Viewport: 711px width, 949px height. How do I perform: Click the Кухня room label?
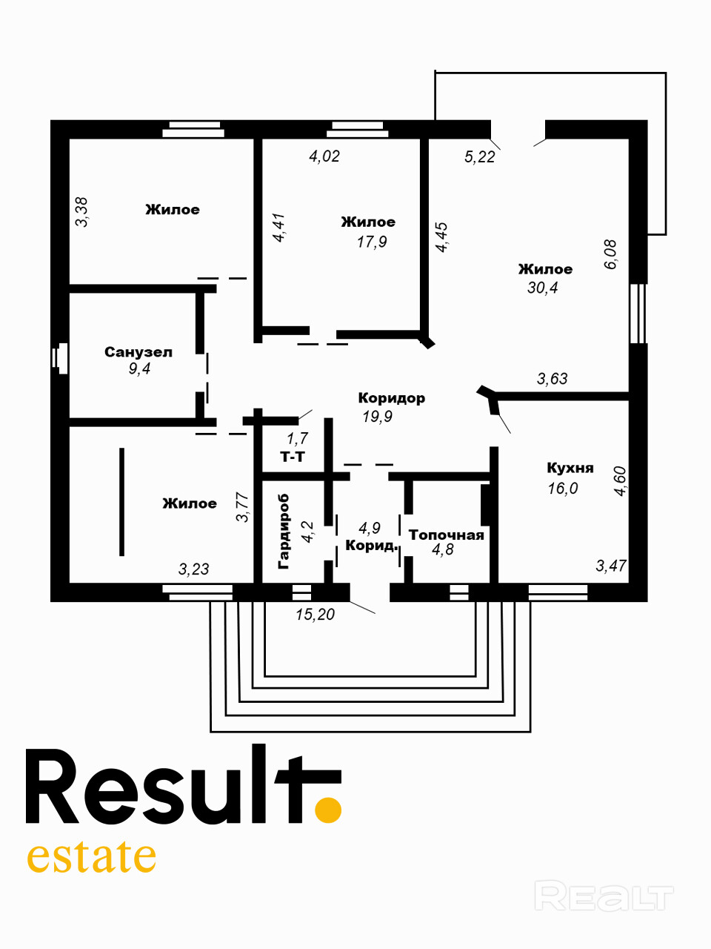point(570,468)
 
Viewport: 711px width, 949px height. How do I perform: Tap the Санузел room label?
point(138,352)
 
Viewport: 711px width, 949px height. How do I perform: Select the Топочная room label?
point(446,535)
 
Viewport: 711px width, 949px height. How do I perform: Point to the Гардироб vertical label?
point(284,532)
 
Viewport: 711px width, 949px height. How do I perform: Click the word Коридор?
point(391,398)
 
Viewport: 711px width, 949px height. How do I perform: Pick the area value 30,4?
point(542,288)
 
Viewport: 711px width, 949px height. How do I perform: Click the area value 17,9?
point(372,242)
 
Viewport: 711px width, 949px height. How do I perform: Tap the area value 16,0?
point(563,488)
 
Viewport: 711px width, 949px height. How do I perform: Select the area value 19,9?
point(377,417)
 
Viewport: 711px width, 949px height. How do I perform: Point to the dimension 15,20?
point(315,615)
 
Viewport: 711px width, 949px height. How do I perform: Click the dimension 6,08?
point(611,254)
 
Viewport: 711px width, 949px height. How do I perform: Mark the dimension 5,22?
point(479,156)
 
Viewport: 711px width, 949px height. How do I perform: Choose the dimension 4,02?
point(324,156)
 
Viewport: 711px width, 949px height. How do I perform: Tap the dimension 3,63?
point(553,379)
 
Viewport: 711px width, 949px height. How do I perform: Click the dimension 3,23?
point(194,569)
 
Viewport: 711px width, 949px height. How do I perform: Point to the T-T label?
point(293,457)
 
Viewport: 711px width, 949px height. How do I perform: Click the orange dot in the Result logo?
point(328,810)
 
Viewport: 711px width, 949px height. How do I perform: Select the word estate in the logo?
point(92,857)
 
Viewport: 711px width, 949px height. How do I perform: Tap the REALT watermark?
point(604,897)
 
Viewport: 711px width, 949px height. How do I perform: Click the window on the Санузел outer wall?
point(59,357)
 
